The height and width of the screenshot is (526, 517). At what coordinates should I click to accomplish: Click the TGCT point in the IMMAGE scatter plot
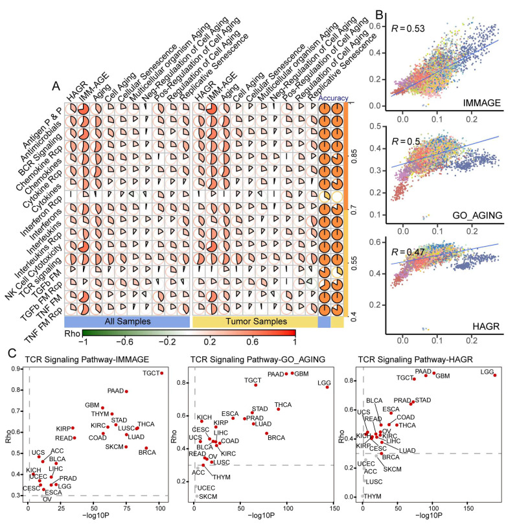point(161,373)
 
